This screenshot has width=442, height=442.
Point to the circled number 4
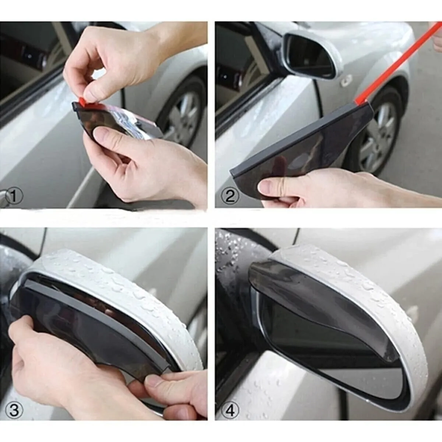pos(230,411)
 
